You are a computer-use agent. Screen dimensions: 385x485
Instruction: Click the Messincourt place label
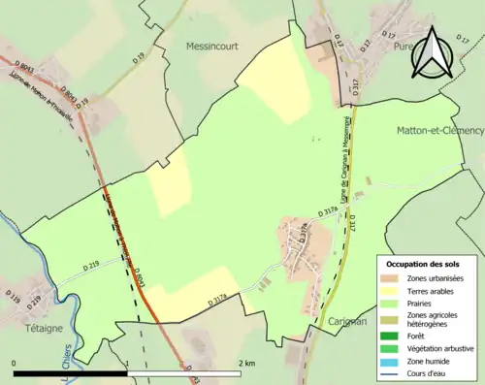pos(211,46)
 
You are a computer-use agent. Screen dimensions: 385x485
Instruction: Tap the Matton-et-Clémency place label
pos(440,130)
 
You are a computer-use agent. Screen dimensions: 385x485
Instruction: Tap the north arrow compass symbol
pos(435,53)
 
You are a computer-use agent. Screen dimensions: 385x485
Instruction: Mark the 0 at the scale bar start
pos(15,364)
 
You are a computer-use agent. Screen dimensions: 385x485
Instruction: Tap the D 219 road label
pos(92,265)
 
